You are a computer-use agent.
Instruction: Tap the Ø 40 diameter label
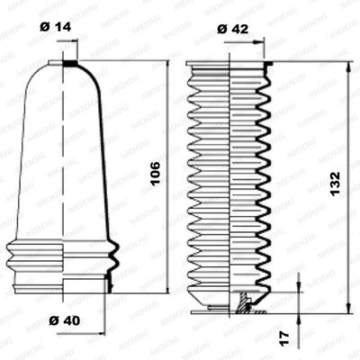pyautogui.click(x=62, y=320)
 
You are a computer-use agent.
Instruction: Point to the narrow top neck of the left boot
pyautogui.click(x=68, y=66)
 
